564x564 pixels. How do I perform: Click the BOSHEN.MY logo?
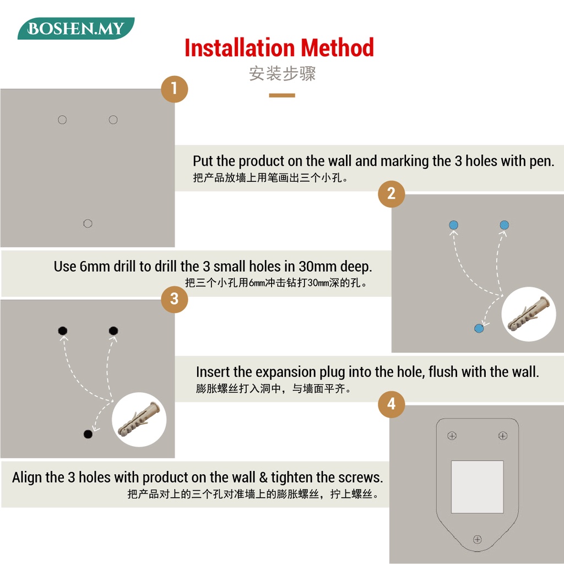pyautogui.click(x=76, y=28)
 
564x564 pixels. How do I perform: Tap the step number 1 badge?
pyautogui.click(x=175, y=89)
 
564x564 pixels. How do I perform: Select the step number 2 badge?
pyautogui.click(x=392, y=194)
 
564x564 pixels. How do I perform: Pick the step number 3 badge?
pyautogui.click(x=175, y=299)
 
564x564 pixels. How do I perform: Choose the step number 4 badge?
pyautogui.click(x=392, y=404)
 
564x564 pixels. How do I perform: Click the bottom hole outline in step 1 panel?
pyautogui.click(x=88, y=224)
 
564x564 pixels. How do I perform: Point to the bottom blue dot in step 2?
pyautogui.click(x=479, y=328)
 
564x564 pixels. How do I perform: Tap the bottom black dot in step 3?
pyautogui.click(x=88, y=434)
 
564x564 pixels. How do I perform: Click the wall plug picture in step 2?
pyautogui.click(x=528, y=314)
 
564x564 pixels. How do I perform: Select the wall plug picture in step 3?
pyautogui.click(x=139, y=419)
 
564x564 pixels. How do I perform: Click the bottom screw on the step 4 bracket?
pyautogui.click(x=478, y=539)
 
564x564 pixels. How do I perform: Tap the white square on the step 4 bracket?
pyautogui.click(x=478, y=487)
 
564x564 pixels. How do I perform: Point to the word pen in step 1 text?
pyautogui.click(x=541, y=161)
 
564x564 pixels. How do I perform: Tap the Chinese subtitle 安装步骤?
pyautogui.click(x=283, y=73)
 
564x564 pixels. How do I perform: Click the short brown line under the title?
pyautogui.click(x=282, y=95)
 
